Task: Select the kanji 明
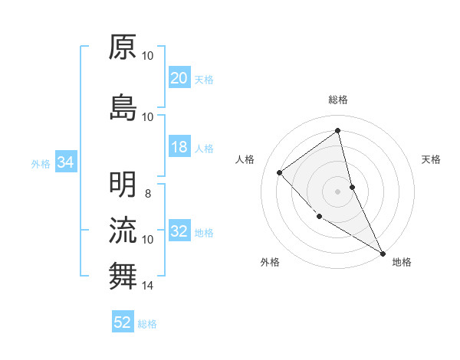123,184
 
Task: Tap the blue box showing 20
179,78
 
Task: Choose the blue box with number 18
179,147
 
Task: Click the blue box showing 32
179,231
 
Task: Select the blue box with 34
65,162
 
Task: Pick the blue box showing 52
123,322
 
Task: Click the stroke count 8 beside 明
148,193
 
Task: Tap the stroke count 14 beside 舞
148,286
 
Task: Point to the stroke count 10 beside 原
148,55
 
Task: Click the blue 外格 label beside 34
41,163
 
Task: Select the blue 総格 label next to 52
147,324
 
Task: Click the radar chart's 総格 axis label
338,100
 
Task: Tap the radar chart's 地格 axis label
402,262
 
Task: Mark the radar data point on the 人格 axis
280,172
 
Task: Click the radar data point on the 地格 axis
383,253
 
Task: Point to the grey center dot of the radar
338,191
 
